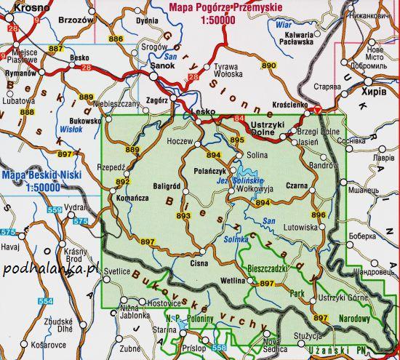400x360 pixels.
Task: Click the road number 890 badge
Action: [268, 66]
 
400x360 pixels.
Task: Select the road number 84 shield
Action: [240, 118]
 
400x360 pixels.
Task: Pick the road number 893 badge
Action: [183, 215]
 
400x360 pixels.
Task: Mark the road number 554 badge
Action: [45, 300]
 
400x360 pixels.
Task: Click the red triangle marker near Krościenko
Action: [317, 110]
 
